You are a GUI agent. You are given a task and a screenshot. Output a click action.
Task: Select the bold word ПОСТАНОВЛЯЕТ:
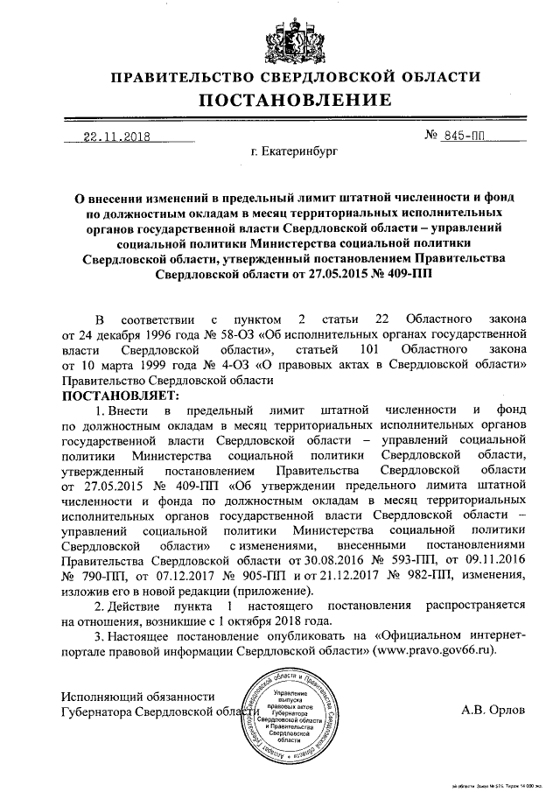point(121,395)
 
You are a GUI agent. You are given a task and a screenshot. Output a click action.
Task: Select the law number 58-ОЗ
point(257,333)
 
